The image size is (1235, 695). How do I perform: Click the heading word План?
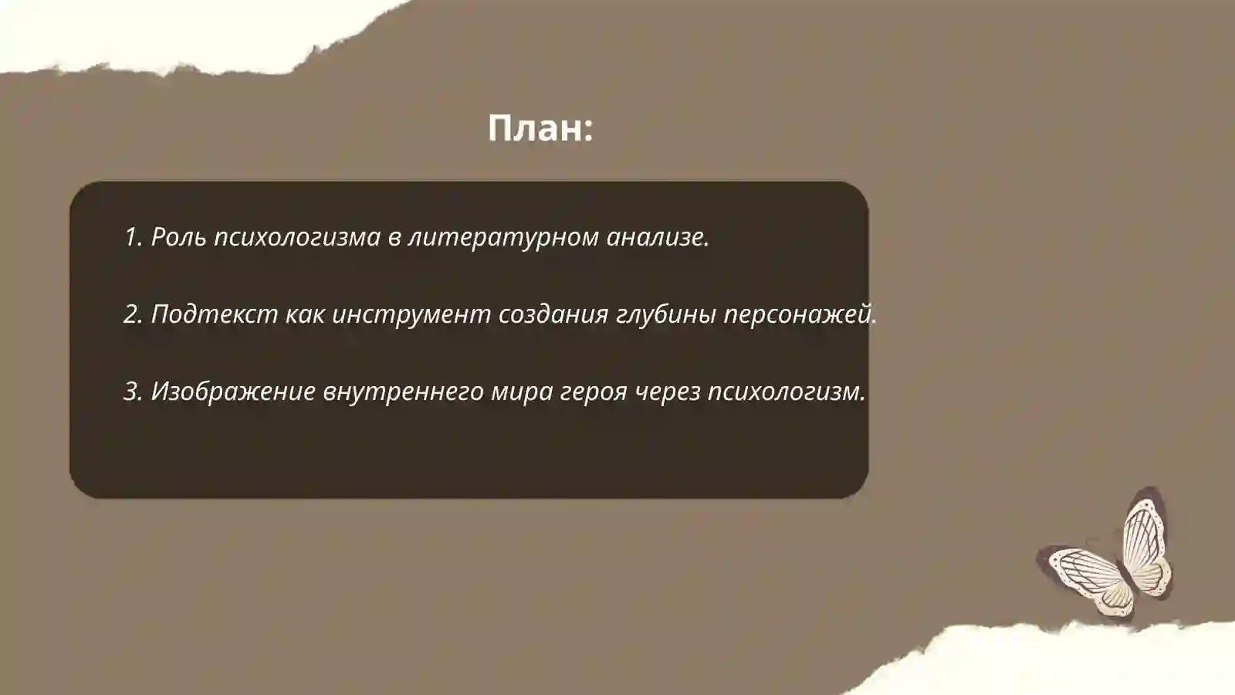[x=540, y=128]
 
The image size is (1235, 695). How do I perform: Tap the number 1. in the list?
[x=133, y=237]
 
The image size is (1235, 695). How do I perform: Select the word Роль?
[x=178, y=237]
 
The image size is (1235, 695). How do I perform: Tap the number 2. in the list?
[x=134, y=314]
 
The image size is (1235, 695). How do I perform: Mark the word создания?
[x=553, y=314]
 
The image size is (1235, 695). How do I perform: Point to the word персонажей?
[x=800, y=314]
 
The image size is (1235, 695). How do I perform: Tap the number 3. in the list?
[x=134, y=392]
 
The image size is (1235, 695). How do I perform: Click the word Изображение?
[x=232, y=392]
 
